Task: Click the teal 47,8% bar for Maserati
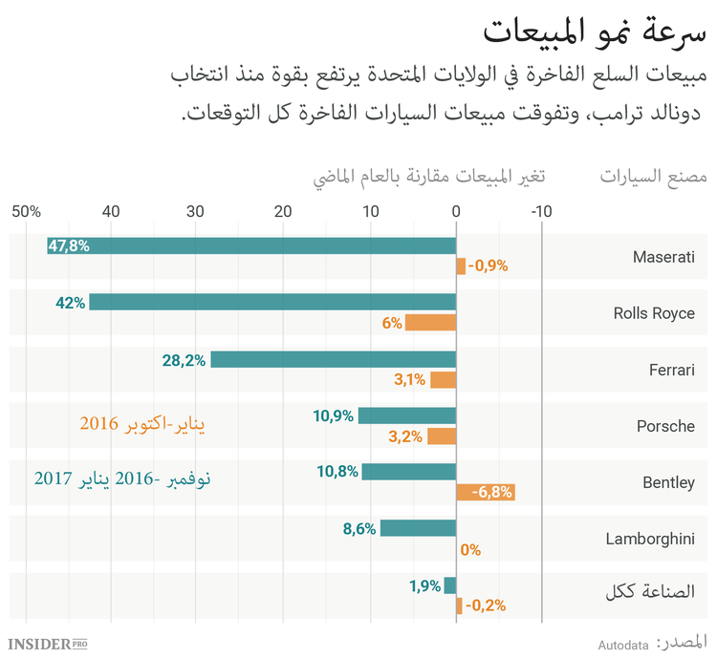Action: coord(251,245)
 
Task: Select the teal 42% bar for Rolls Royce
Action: coord(272,302)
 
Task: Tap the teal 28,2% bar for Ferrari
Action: coord(333,359)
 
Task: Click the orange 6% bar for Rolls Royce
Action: coord(430,323)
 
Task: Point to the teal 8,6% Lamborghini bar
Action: coord(418,528)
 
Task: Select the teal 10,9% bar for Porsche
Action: coord(407,415)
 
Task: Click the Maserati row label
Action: coord(663,257)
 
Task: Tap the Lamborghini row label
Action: coord(650,539)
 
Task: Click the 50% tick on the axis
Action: coord(27,211)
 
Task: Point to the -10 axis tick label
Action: coord(541,211)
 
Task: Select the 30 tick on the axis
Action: coord(196,211)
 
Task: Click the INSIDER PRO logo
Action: coord(54,645)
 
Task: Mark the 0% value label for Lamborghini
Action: coord(470,549)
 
